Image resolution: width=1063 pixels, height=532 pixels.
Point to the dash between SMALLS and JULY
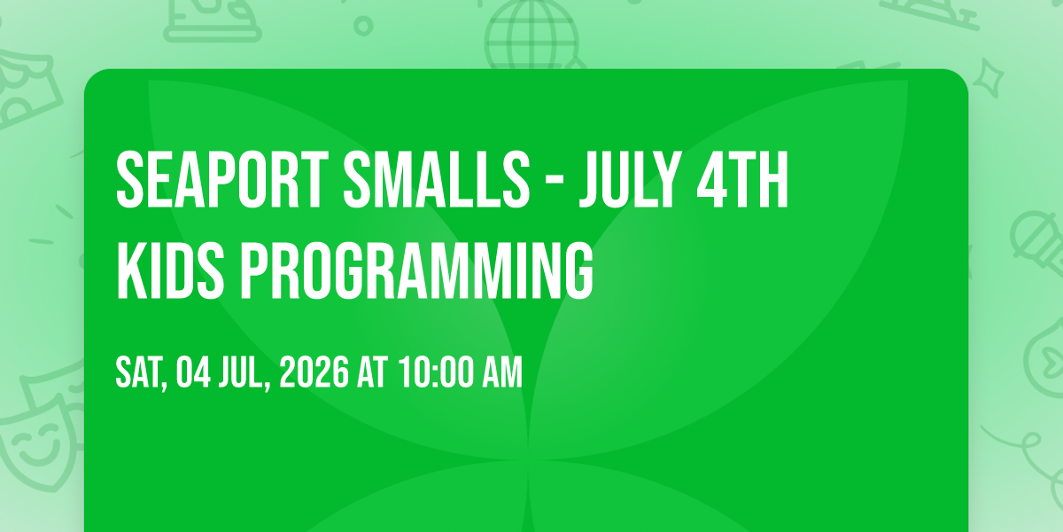(553, 183)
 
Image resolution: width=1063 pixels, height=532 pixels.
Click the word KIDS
(170, 270)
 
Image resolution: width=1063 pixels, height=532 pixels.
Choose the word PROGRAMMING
(416, 270)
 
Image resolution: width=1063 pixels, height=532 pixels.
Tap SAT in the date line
(140, 372)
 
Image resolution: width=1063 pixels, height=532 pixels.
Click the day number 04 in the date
(193, 372)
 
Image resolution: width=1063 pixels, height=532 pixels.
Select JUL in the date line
(243, 373)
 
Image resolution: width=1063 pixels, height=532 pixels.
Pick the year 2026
(314, 372)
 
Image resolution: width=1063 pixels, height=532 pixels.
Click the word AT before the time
(373, 372)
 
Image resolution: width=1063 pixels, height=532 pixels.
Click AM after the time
(502, 372)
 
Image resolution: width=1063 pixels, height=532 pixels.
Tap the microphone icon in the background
(1038, 247)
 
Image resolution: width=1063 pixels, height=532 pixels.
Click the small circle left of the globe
(363, 26)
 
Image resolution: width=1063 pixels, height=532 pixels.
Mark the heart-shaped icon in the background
(1047, 357)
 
